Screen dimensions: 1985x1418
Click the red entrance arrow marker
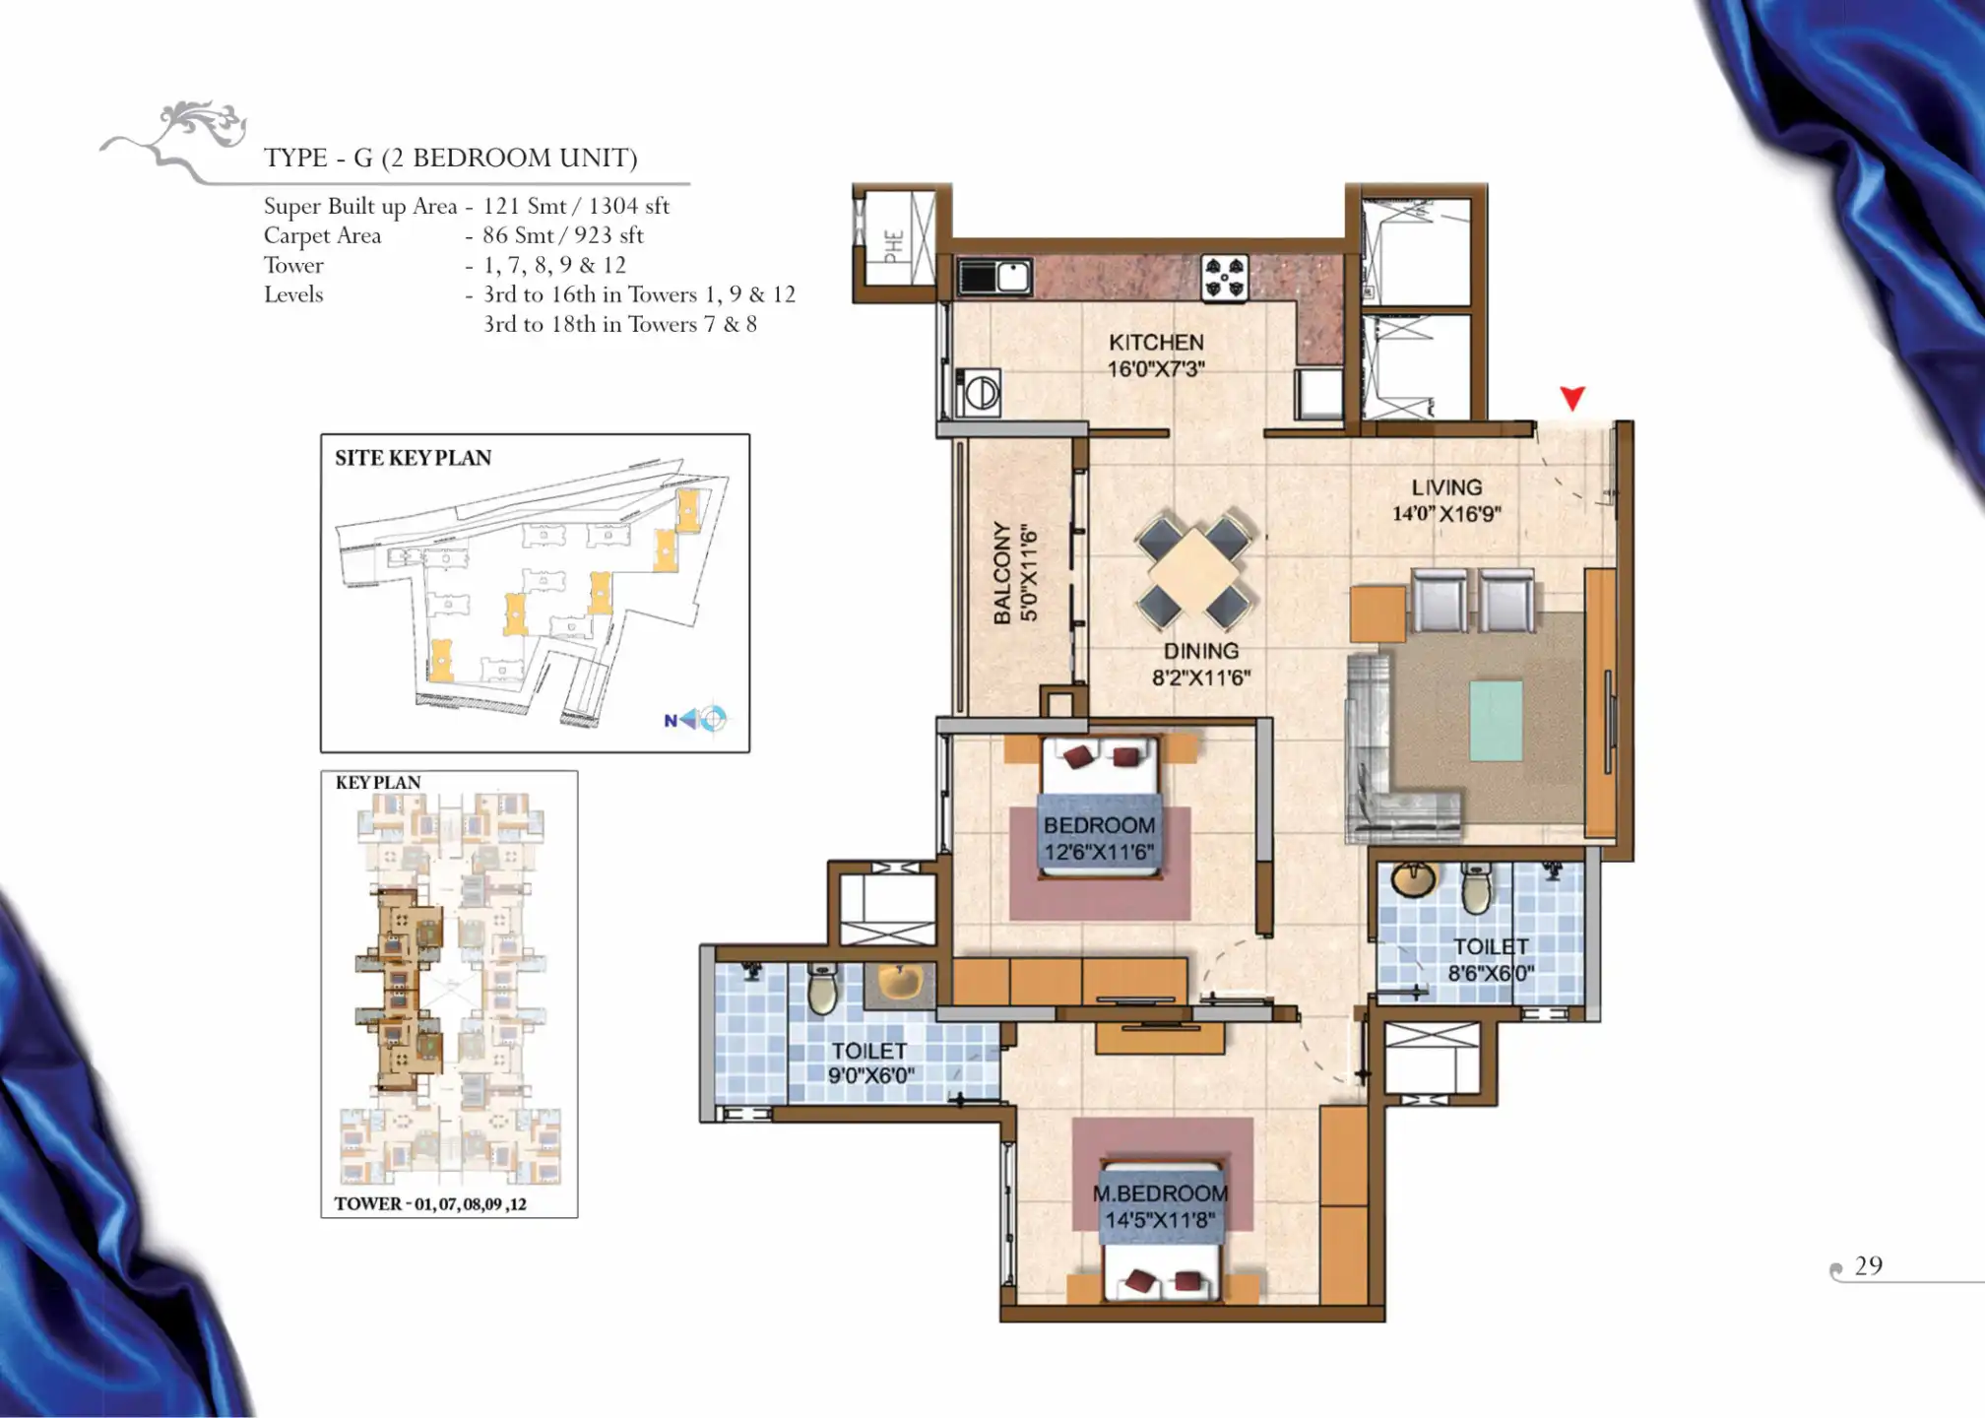pos(1572,398)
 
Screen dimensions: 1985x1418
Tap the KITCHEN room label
pos(1156,342)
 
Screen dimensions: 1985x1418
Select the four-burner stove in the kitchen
pos(1225,277)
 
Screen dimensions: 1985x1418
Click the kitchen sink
pos(994,276)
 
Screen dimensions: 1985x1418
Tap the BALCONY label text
pos(1002,572)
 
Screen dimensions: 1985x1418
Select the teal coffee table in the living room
pos(1496,721)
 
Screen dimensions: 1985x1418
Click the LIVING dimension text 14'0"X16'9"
pos(1446,513)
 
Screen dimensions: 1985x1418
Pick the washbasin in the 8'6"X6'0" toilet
pos(1413,878)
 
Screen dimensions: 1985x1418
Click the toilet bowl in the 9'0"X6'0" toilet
pos(823,991)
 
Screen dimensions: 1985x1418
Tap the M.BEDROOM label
pos(1160,1193)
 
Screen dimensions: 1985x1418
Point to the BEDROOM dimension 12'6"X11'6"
pos(1099,852)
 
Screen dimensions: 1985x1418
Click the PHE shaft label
pos(893,245)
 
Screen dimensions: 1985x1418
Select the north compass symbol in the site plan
pos(697,719)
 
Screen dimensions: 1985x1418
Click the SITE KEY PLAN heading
pos(413,458)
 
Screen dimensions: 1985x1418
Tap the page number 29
pos(1868,1265)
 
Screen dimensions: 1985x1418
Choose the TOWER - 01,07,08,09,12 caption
pos(430,1203)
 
